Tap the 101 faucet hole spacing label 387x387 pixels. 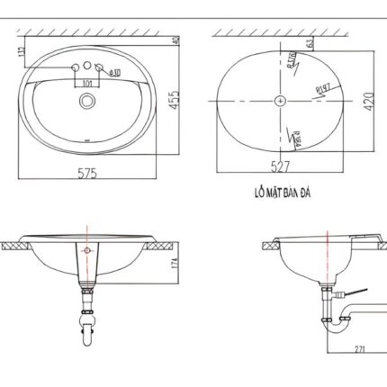[x=87, y=82]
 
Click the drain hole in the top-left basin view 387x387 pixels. [x=87, y=102]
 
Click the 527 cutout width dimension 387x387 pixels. [x=282, y=166]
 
